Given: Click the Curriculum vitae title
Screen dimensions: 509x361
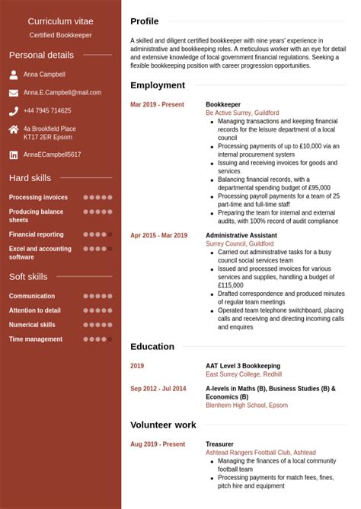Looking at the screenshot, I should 60,21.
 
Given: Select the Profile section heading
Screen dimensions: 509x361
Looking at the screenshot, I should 145,21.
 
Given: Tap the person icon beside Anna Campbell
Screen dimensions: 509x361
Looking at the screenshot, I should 14,75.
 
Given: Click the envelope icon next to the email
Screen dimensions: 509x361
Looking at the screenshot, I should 14,93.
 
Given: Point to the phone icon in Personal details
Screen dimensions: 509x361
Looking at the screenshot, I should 14,111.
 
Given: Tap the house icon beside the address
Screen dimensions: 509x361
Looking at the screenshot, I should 14,129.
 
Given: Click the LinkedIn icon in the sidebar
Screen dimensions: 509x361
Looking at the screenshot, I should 14,154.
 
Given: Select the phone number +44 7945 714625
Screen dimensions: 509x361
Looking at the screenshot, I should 47,111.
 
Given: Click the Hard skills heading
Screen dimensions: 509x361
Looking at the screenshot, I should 30,178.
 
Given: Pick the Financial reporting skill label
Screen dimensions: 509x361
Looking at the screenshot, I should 37,234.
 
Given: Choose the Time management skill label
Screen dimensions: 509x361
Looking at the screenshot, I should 36,339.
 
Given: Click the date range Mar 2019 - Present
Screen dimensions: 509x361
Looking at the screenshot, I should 157,105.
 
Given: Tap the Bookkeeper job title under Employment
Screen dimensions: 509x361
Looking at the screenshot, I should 223,105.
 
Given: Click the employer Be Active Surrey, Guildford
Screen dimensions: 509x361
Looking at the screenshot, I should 242,113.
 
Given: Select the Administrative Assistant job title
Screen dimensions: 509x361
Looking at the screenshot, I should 241,236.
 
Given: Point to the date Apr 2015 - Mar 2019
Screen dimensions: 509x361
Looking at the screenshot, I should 158,236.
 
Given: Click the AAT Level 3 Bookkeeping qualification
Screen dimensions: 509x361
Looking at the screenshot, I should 243,366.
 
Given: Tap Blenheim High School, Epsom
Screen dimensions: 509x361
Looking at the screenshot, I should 247,406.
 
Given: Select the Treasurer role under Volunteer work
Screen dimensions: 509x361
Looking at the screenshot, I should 220,444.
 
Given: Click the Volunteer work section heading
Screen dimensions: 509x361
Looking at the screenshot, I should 163,425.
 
